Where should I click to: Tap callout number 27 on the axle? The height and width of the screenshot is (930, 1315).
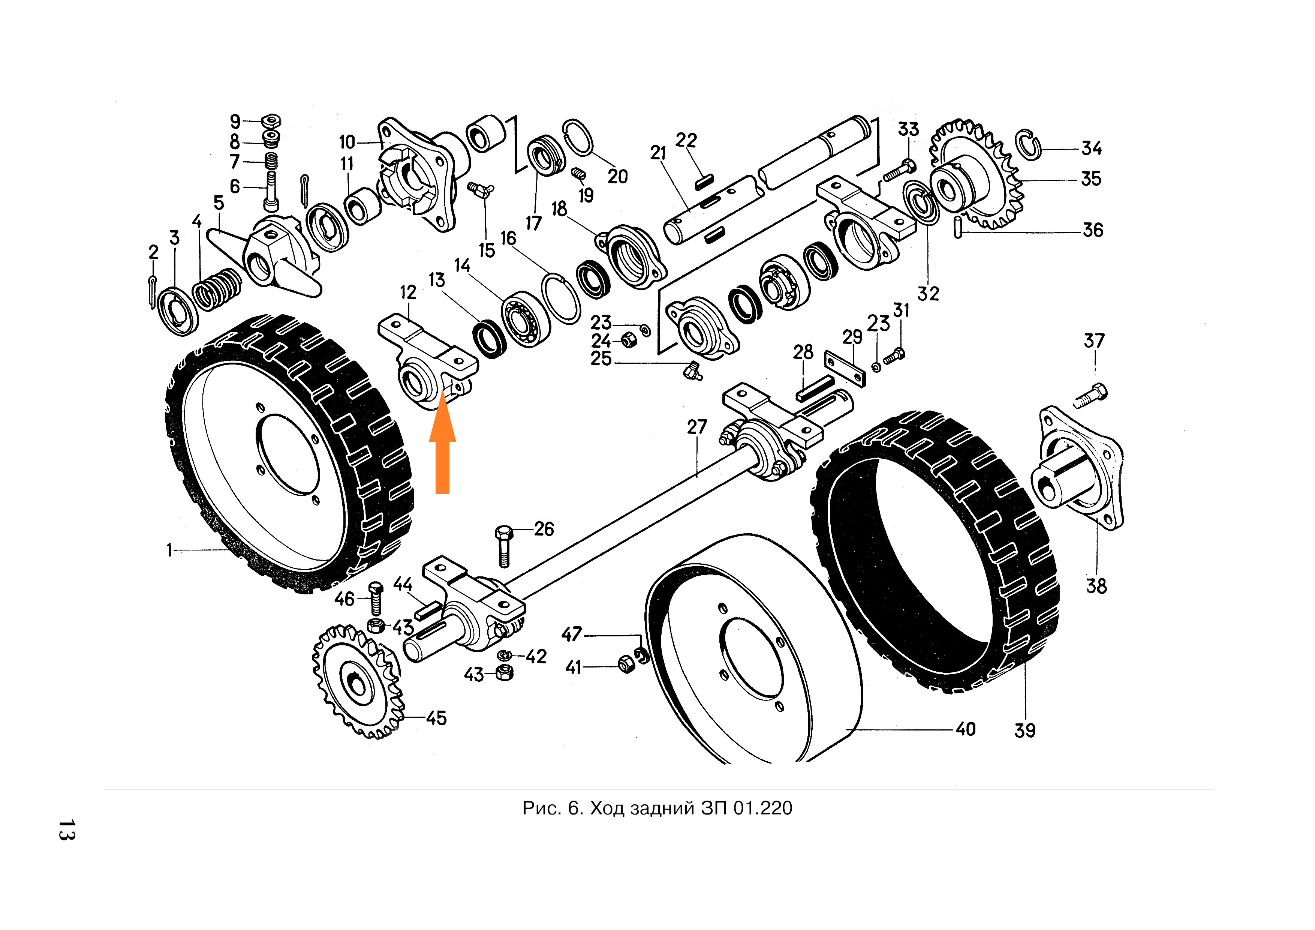click(697, 427)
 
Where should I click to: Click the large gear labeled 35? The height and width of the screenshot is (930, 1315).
click(974, 178)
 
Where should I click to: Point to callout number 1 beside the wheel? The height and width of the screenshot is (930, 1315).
click(169, 550)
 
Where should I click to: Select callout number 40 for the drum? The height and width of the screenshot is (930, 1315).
click(966, 729)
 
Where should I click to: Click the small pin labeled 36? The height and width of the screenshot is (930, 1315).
click(958, 225)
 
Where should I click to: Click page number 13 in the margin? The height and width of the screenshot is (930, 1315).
click(66, 830)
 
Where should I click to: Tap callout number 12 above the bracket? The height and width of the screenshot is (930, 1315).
click(408, 292)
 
